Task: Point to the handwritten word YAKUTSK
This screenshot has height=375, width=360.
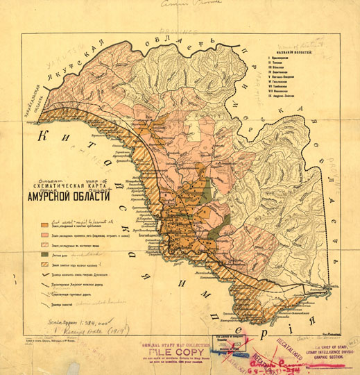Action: coord(62,58)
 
